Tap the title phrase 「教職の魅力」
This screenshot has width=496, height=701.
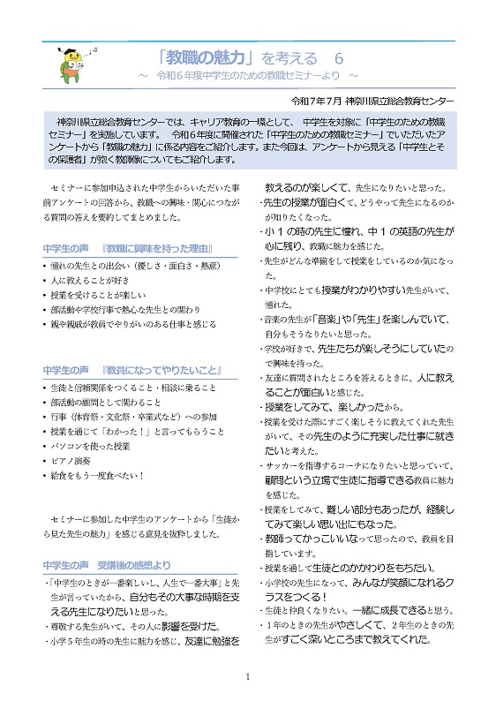pos(204,58)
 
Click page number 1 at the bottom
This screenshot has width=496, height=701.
pos(248,676)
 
